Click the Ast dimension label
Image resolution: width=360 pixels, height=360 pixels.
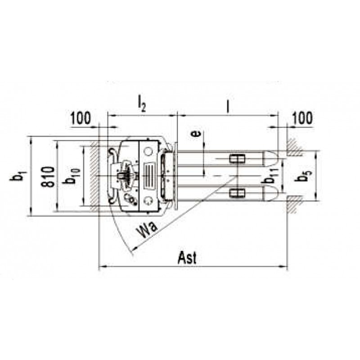point(187,258)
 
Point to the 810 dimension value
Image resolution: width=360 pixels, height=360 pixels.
point(48,176)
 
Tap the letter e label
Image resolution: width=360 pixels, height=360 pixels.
point(196,133)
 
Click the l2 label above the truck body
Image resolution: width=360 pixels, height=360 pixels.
point(142,104)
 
